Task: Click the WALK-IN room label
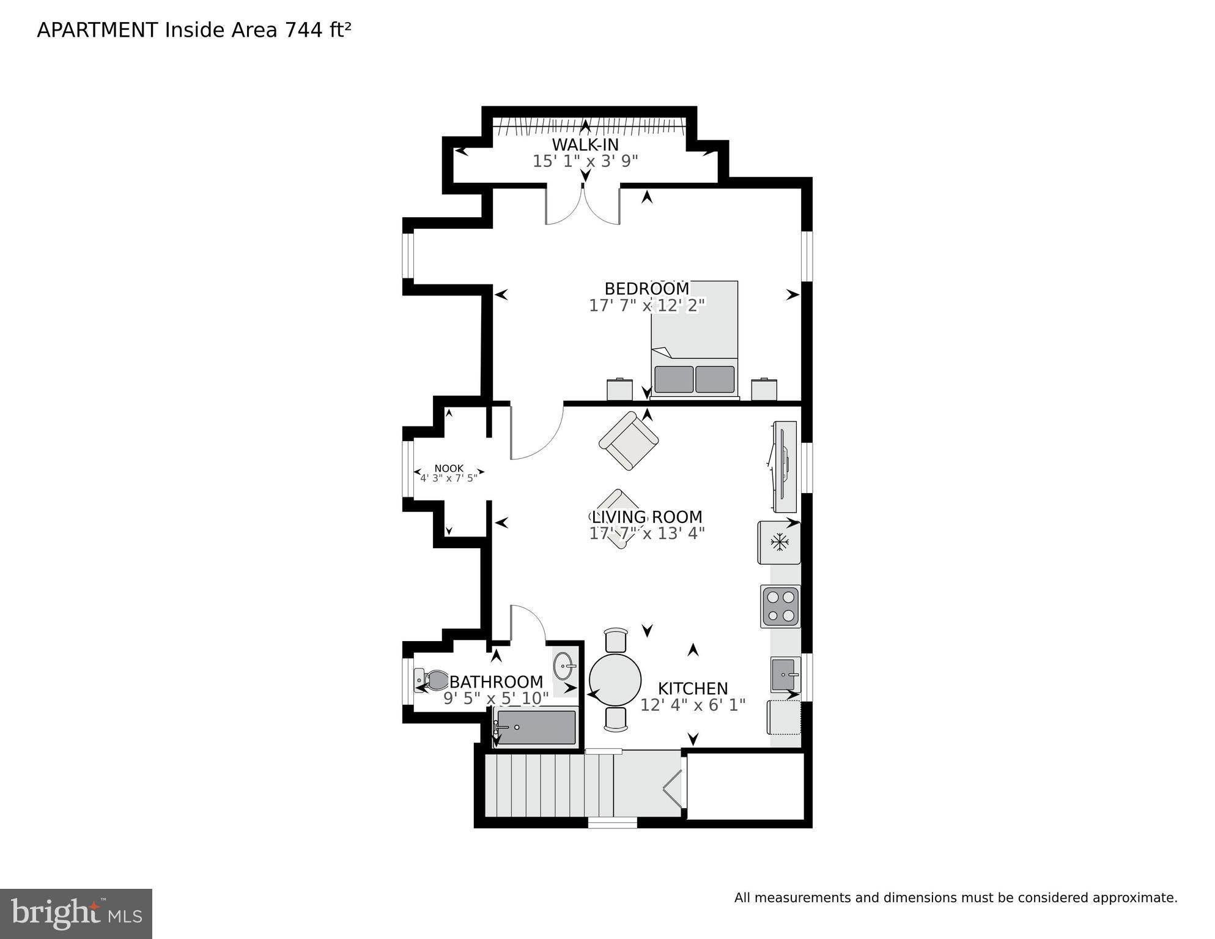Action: click(x=585, y=145)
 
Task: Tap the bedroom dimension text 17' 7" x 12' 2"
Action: click(x=647, y=305)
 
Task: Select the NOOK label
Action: click(x=449, y=469)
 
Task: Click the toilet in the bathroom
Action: click(x=432, y=680)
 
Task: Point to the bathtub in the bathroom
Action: click(x=536, y=727)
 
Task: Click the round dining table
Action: click(x=615, y=680)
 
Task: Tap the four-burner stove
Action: click(x=780, y=606)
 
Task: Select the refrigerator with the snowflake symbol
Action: click(x=778, y=542)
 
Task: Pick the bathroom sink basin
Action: click(x=566, y=666)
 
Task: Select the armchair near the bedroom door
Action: click(x=629, y=440)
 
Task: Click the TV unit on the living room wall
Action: click(x=785, y=467)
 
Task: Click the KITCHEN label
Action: click(x=693, y=689)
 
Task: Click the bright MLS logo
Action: click(x=76, y=914)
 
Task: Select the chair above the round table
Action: click(x=615, y=640)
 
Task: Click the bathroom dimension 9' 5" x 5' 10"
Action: click(x=496, y=698)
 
